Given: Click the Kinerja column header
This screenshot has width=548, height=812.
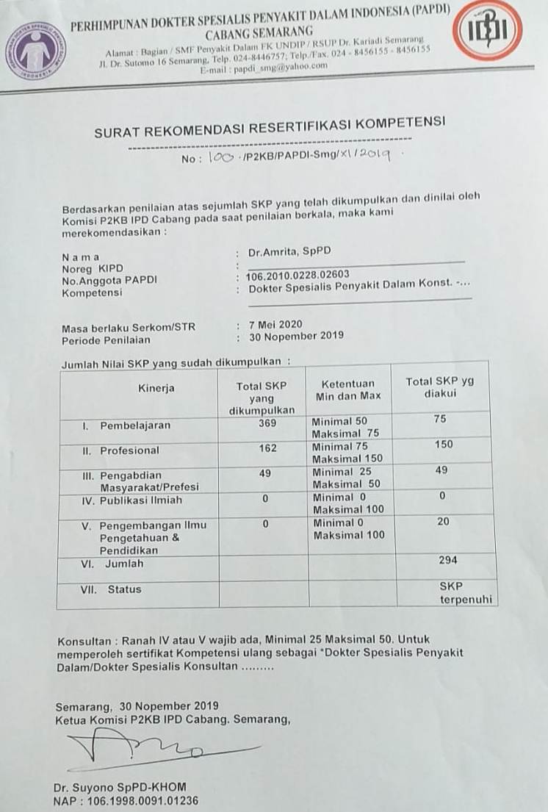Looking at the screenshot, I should [x=156, y=388].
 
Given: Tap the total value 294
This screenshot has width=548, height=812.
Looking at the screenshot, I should [x=448, y=560].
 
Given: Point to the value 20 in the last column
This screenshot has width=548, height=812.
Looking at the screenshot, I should [x=442, y=521].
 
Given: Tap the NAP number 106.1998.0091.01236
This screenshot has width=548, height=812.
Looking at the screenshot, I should [x=127, y=800].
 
